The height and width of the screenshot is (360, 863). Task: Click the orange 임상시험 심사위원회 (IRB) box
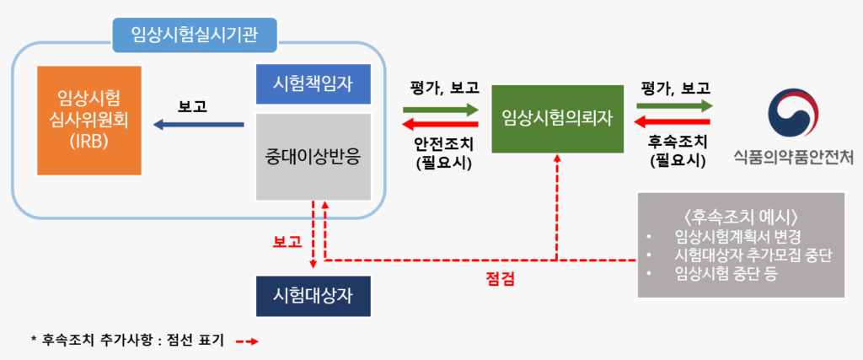click(x=89, y=121)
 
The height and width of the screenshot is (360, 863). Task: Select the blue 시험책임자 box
click(x=314, y=84)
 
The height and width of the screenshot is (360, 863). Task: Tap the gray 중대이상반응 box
click(x=314, y=157)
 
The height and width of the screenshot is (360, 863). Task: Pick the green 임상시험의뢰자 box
click(x=558, y=119)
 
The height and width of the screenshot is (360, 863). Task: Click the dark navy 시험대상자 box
click(x=314, y=296)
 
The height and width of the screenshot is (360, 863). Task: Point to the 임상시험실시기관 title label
click(x=195, y=35)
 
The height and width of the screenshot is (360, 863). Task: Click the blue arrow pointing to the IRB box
click(x=199, y=126)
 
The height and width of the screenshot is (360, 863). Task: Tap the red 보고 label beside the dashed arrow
click(x=288, y=242)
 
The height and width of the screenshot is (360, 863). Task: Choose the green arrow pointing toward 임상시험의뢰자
click(x=441, y=109)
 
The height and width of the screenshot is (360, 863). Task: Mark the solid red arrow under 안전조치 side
click(x=441, y=124)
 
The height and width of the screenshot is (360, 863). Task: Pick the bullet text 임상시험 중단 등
click(x=726, y=274)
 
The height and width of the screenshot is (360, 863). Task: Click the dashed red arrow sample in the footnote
click(x=247, y=341)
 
